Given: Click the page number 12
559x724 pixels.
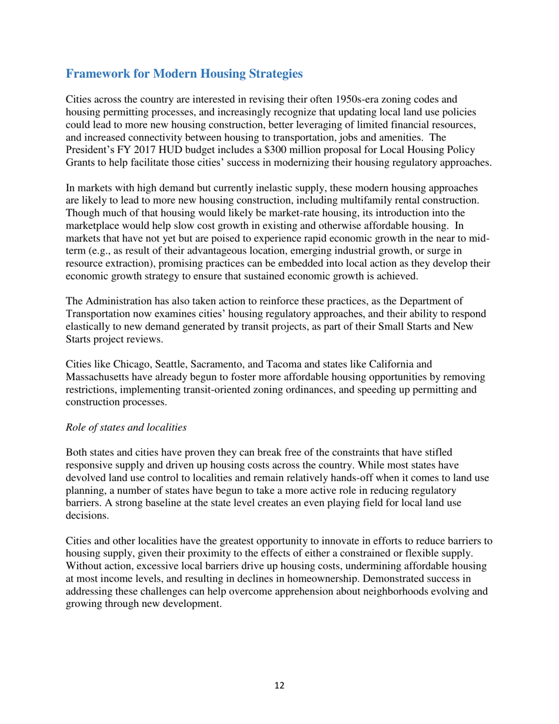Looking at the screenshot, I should pos(279,686).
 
